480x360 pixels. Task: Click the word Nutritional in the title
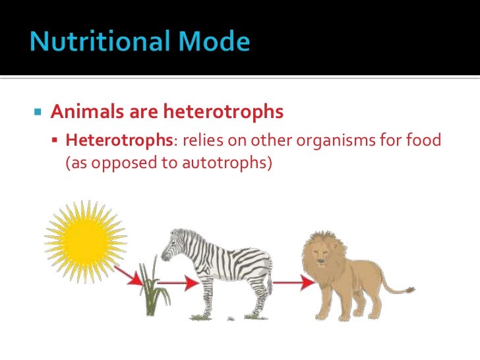pos(92,42)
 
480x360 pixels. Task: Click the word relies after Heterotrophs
pos(199,140)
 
